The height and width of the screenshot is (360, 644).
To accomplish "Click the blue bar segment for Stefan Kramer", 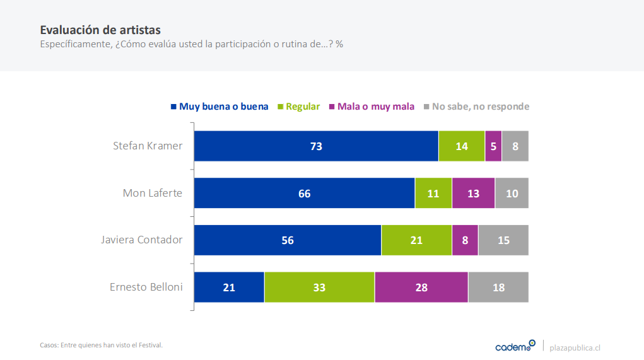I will tap(316, 146).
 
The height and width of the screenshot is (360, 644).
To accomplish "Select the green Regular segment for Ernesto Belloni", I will tap(319, 287).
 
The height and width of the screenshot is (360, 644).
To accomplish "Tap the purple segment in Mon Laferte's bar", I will tap(473, 194).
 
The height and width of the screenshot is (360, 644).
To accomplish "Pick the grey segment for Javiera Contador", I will tap(503, 240).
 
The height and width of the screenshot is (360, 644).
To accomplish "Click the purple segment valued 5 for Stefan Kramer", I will tap(493, 146).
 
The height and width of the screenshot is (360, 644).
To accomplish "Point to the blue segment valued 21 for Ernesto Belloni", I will tap(229, 287).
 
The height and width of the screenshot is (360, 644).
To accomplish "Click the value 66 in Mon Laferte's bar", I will tap(305, 194).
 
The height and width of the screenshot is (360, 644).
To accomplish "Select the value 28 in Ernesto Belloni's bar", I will tap(421, 287).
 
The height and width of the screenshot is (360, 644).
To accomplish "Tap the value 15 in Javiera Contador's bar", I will tap(503, 240).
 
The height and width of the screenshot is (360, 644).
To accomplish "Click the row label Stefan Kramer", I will tap(148, 146).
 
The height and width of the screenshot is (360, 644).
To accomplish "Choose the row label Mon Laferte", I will tap(153, 193).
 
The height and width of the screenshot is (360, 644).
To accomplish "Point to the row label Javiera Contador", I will tap(142, 240).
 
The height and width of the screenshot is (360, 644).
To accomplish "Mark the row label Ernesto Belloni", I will tap(146, 287).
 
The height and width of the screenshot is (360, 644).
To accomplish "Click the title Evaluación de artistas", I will tap(100, 30).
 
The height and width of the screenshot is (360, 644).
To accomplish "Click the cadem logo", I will tap(515, 346).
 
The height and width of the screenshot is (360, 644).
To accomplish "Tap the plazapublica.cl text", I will tap(575, 347).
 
